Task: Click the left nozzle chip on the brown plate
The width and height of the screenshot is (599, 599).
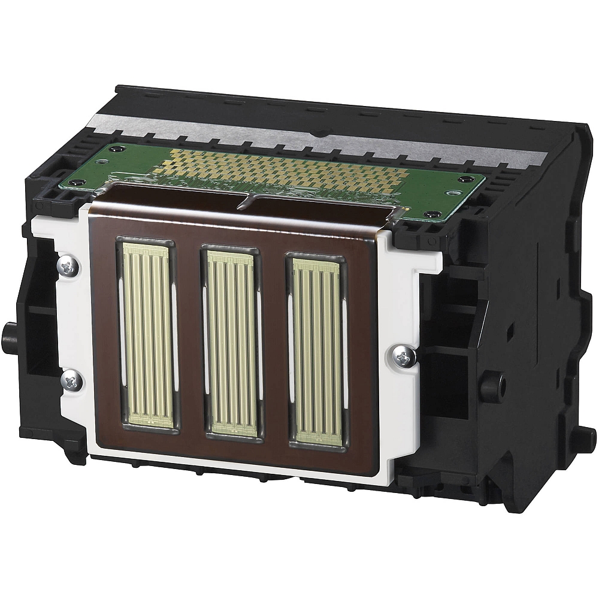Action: click(x=147, y=335)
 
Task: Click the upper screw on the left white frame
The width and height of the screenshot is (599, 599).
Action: click(x=69, y=267)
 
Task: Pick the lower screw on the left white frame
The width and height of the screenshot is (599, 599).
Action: click(x=70, y=379)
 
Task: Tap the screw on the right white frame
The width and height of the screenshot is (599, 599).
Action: click(x=402, y=357)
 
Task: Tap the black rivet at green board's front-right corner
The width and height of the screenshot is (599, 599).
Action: click(x=429, y=214)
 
